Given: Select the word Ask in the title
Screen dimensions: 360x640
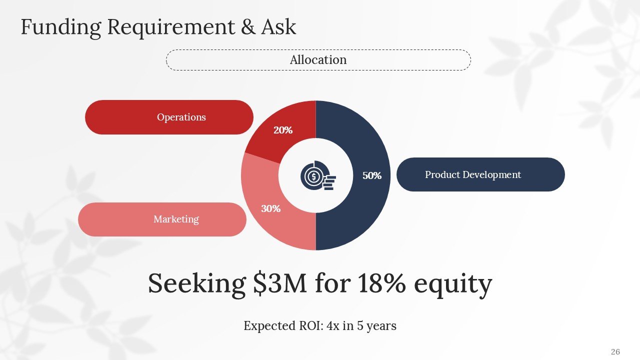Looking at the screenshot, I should coord(278,27).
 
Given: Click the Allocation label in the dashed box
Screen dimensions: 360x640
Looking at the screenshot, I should coord(318,60).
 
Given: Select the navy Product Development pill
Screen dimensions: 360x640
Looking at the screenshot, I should coord(480,174).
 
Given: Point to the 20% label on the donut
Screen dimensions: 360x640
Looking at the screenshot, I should coord(282,130).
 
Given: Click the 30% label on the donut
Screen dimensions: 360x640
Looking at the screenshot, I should coord(270,208).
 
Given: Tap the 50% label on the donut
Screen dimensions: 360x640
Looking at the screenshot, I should coord(372,175).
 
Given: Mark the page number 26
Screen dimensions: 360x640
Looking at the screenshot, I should coord(615,352).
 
